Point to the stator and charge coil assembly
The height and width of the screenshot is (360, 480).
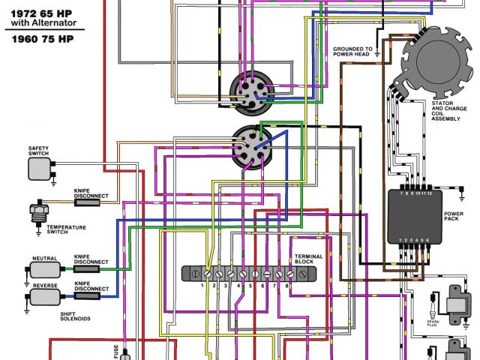pos(437,56)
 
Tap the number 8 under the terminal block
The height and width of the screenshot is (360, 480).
pos(286,286)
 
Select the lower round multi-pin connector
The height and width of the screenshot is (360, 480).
pos(253,148)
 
